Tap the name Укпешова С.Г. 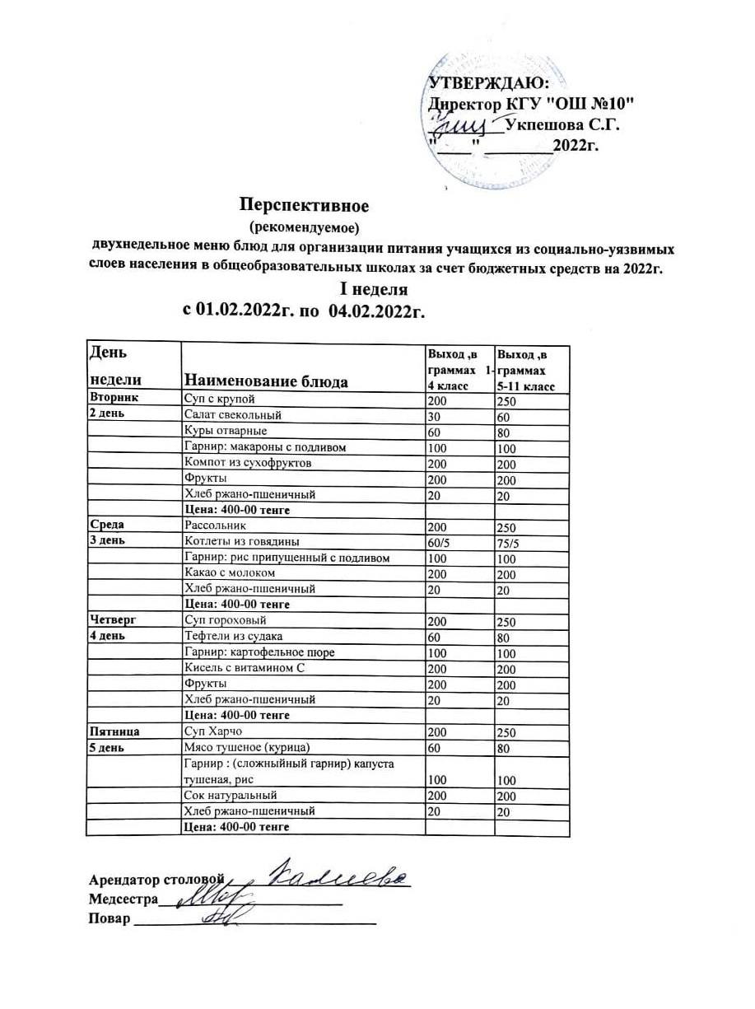coord(562,125)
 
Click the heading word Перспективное coord(304,204)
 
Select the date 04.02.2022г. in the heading coord(380,310)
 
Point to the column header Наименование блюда coord(266,381)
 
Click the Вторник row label coord(113,398)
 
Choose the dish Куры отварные coord(226,431)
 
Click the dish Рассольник coord(215,525)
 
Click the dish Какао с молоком coord(230,572)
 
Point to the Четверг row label coord(112,620)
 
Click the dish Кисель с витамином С coord(245,668)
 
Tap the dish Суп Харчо coord(213,731)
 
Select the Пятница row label coord(114,731)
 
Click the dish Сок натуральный coord(231,796)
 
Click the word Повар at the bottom coord(110,919)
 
